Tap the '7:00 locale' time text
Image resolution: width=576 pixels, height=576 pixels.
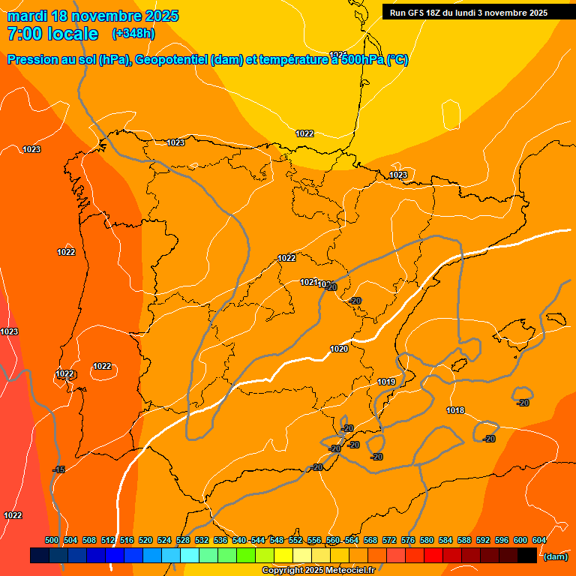tap(52, 34)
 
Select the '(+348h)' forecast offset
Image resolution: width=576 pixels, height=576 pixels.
tap(133, 34)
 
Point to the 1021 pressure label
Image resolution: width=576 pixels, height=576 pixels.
tap(308, 282)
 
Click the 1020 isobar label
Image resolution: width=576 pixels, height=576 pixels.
tap(339, 349)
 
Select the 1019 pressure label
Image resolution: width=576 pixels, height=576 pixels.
tap(386, 382)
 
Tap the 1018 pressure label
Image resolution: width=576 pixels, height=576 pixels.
tap(455, 410)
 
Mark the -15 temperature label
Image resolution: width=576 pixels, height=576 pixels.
tap(58, 469)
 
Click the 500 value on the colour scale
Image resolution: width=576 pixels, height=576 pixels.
tap(52, 540)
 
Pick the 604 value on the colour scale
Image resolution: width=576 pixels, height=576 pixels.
tap(539, 540)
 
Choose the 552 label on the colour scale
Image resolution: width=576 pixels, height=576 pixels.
tap(295, 540)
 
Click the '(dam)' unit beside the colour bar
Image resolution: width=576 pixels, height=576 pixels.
tap(555, 556)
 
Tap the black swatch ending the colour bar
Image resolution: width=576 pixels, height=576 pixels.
tap(527, 556)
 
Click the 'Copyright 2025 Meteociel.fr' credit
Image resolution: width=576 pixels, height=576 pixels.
tap(318, 570)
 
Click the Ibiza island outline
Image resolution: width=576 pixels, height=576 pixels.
tap(459, 371)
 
